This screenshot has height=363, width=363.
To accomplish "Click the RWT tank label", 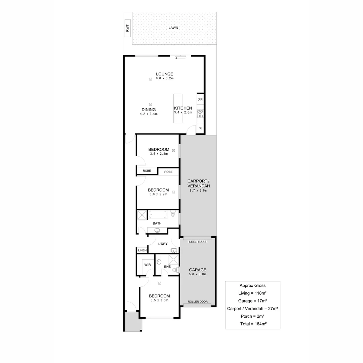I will (127, 29).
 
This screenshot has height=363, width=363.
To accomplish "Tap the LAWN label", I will (173, 28).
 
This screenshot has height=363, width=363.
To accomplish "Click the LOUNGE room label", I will (164, 74).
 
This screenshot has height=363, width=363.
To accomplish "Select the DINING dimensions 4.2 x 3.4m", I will (149, 114).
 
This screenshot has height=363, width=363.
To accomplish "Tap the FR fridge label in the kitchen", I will (200, 99).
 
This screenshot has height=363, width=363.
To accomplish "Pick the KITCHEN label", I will (183, 108).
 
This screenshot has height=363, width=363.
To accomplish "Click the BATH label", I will (157, 223).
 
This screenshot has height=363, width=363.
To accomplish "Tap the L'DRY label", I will (163, 244).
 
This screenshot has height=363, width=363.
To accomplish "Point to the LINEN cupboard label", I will (142, 250).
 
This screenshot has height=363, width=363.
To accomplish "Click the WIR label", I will (147, 265).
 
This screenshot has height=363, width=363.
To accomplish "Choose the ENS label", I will (167, 267).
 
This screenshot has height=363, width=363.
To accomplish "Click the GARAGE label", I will (197, 270).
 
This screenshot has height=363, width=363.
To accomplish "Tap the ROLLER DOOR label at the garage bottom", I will (197, 302).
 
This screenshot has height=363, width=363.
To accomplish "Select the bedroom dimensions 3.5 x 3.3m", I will (159, 300).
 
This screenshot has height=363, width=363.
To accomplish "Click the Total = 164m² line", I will (252, 324).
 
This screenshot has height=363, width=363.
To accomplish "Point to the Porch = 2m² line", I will (252, 316).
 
